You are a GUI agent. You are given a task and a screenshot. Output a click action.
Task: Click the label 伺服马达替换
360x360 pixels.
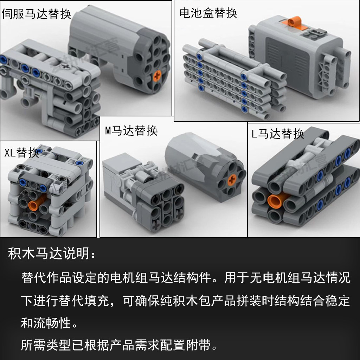point(36,14)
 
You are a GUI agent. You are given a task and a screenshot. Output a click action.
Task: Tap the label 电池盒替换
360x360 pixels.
point(208,13)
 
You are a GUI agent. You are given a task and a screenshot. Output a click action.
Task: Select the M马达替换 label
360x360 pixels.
point(131,131)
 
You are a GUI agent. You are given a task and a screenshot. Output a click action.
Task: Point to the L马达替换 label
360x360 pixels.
point(278,134)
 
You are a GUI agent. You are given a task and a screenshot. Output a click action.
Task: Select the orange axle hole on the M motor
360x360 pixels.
point(232,181)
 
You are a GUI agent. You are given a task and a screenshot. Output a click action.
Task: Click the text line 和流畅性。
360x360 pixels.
point(49,323)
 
